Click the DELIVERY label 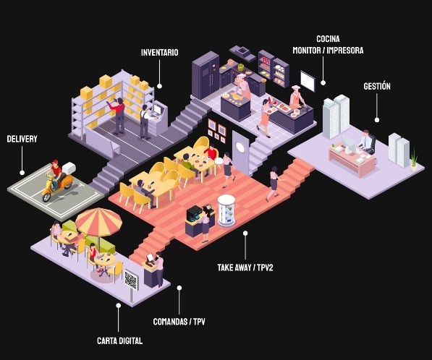pyautogui.click(x=22, y=139)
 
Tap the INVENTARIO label pyautogui.click(x=159, y=52)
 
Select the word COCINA pyautogui.click(x=328, y=39)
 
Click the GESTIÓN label pyautogui.click(x=377, y=86)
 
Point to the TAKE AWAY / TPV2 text pyautogui.click(x=245, y=267)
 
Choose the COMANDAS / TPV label pyautogui.click(x=179, y=322)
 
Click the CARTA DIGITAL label pyautogui.click(x=120, y=340)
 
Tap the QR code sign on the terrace pyautogui.click(x=130, y=280)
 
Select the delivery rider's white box pyautogui.click(x=69, y=168)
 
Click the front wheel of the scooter pyautogui.click(x=47, y=197)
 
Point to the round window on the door pyautogui.click(x=240, y=147)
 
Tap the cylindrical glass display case pyautogui.click(x=226, y=211)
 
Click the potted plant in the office pyautogui.click(x=414, y=160)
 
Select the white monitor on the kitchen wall pyautogui.click(x=308, y=81)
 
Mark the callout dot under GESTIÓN pyautogui.click(x=377, y=120)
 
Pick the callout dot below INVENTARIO pyautogui.click(x=159, y=86)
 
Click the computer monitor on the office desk pyautogui.click(x=349, y=143)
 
